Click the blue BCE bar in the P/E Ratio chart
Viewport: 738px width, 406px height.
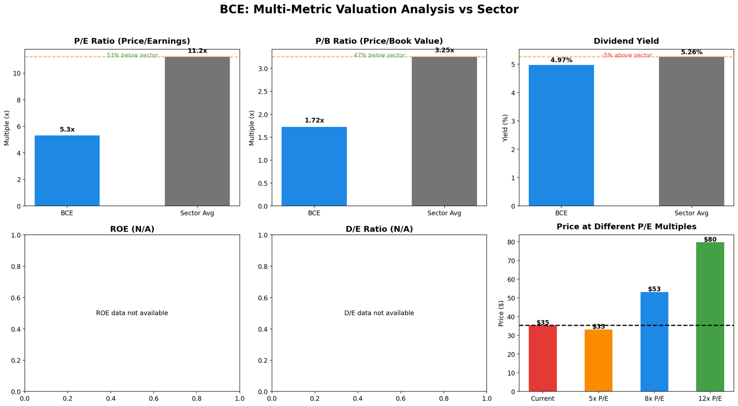67,171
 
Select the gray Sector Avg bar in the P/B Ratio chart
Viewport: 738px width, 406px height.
444,131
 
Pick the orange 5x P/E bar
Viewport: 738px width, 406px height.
598,360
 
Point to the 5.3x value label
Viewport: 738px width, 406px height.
67,130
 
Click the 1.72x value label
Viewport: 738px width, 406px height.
314,120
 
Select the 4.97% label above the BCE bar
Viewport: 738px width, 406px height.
561,60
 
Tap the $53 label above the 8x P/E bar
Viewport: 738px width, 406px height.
654,289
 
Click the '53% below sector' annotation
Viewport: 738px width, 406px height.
132,55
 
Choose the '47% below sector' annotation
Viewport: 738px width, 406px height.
379,55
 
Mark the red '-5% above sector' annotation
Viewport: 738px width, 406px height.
626,55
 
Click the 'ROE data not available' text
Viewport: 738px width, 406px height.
132,313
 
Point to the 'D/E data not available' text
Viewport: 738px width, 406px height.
379,313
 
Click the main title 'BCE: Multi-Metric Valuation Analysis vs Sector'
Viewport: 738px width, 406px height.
369,10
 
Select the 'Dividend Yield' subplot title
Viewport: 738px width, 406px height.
626,41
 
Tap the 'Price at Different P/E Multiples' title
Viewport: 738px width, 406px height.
626,227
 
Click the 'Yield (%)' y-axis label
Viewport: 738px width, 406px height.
506,128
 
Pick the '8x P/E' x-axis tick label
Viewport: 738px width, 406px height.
654,399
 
